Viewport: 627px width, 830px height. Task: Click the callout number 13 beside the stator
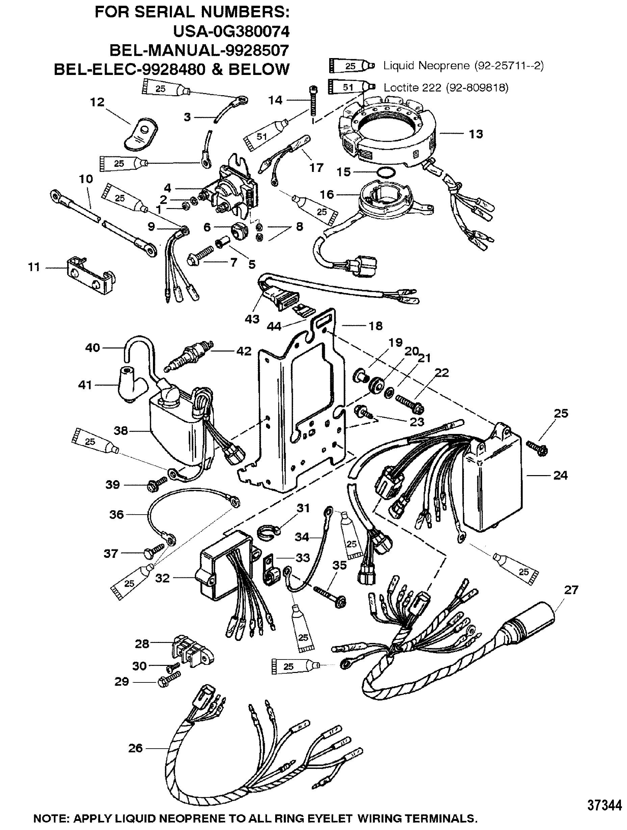tap(476, 134)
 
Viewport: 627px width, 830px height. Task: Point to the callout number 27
tap(571, 590)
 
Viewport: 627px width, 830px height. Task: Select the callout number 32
tap(162, 578)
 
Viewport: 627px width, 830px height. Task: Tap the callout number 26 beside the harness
tap(136, 748)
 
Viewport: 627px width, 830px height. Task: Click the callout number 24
tap(560, 475)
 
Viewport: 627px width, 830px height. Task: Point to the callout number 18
tap(375, 326)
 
